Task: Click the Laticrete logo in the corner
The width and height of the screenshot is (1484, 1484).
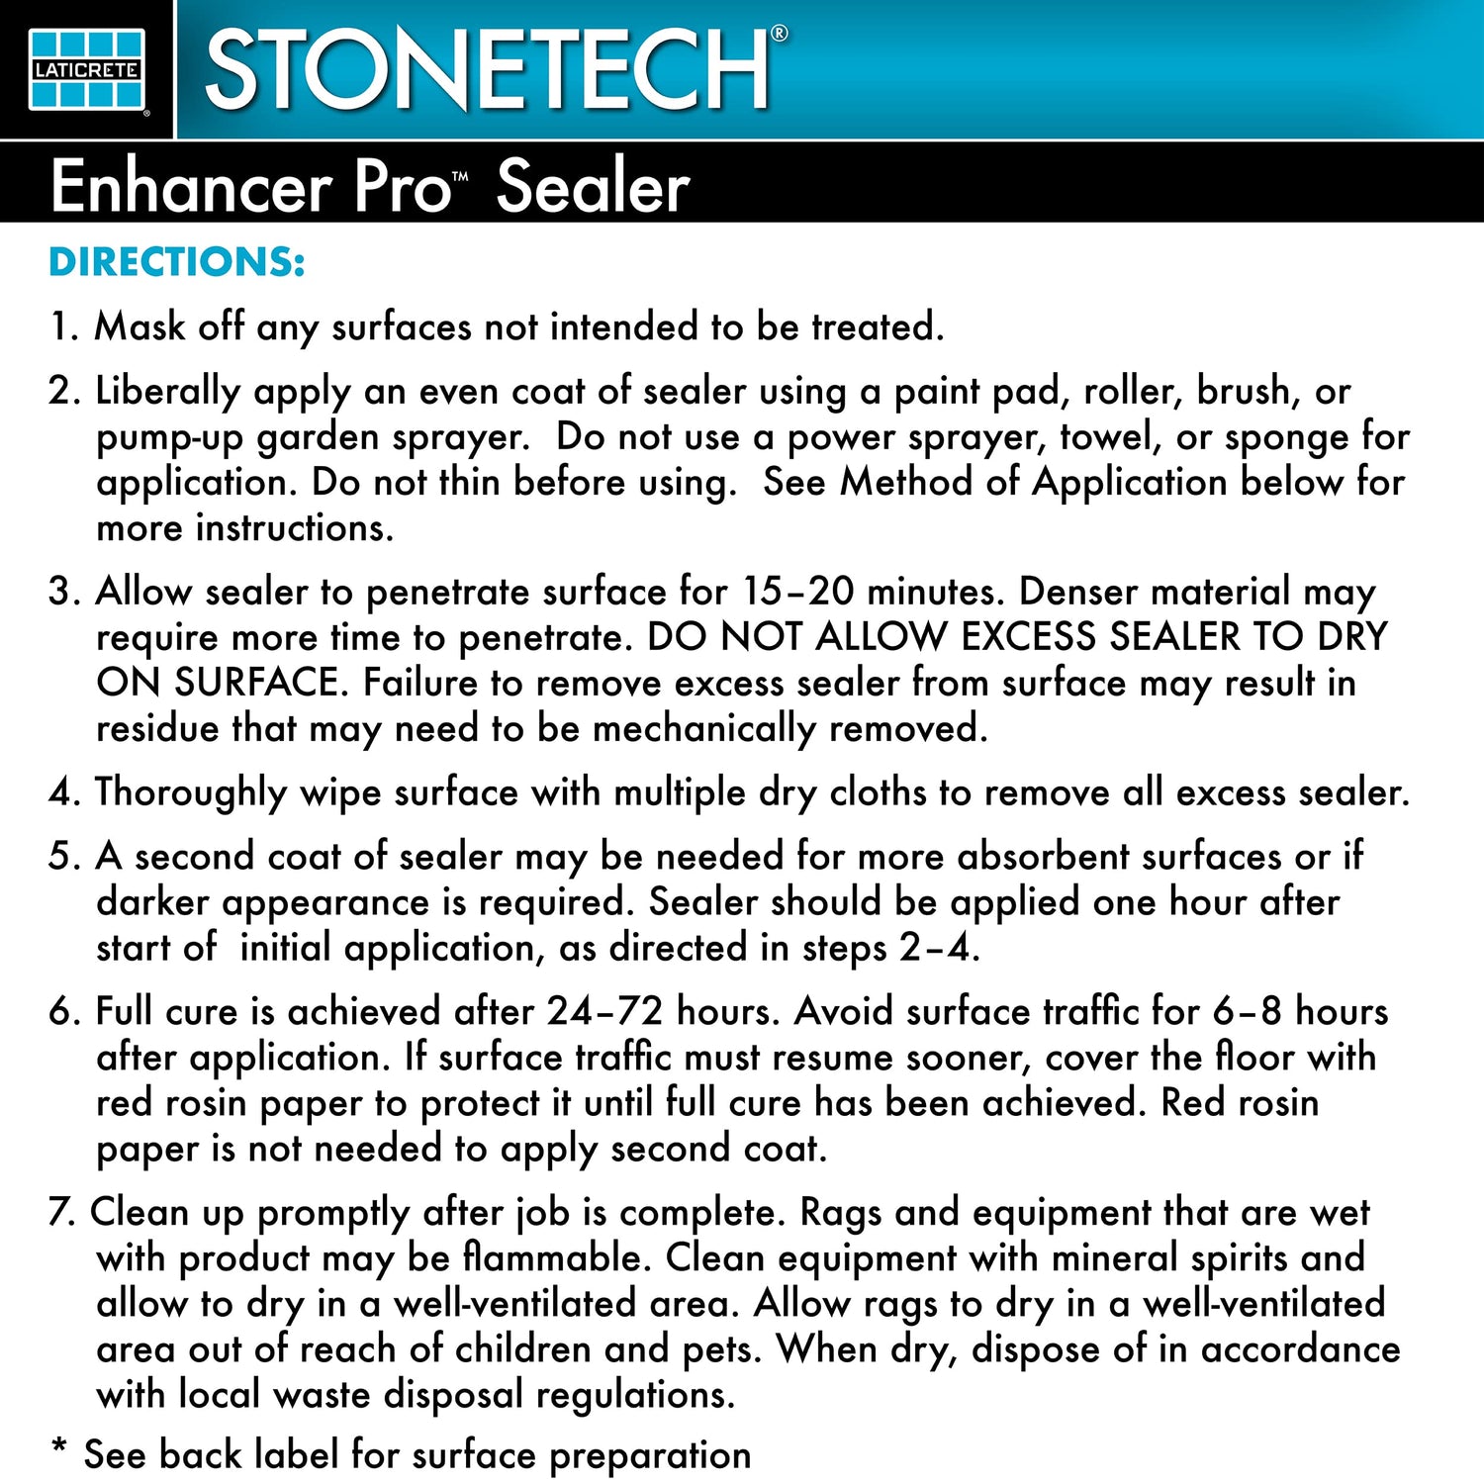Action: [86, 69]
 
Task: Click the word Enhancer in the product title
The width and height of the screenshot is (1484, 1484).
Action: [191, 187]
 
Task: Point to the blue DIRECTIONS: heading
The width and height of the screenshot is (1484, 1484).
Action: [177, 262]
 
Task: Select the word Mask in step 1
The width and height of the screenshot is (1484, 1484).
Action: [139, 326]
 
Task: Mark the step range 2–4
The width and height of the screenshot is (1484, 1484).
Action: [937, 948]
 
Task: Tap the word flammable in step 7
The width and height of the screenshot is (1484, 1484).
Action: [554, 1257]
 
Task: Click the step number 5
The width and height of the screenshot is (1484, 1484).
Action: [61, 857]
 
